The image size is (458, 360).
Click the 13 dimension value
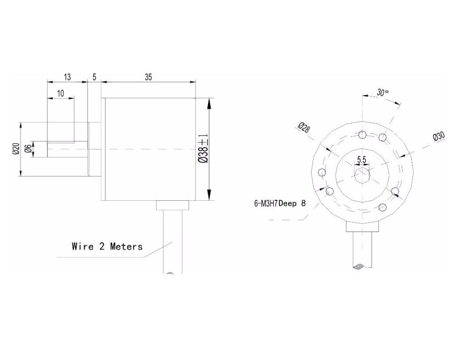tap(67, 77)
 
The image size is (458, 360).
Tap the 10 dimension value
tap(60, 93)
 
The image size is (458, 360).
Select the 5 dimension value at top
tap(94, 77)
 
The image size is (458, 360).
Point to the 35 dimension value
tap(148, 77)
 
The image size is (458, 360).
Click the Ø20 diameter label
tap(16, 148)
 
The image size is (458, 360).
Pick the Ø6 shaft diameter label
tap(28, 148)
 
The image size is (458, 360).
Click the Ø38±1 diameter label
tap(203, 148)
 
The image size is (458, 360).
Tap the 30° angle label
tap(383, 93)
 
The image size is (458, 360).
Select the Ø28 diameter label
tap(304, 127)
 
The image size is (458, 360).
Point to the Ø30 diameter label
tap(439, 136)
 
